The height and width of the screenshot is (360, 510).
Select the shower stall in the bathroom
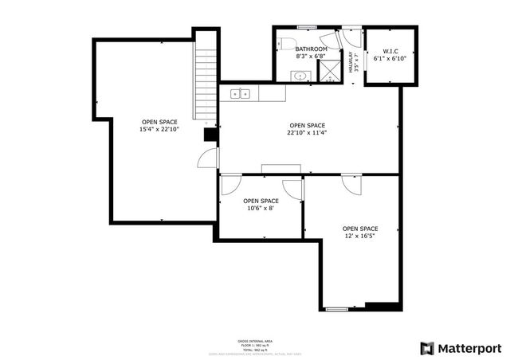tap(328, 70)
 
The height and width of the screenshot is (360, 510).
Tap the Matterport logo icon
tap(428, 348)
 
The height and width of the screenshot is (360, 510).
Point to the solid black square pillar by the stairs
tap(211, 135)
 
